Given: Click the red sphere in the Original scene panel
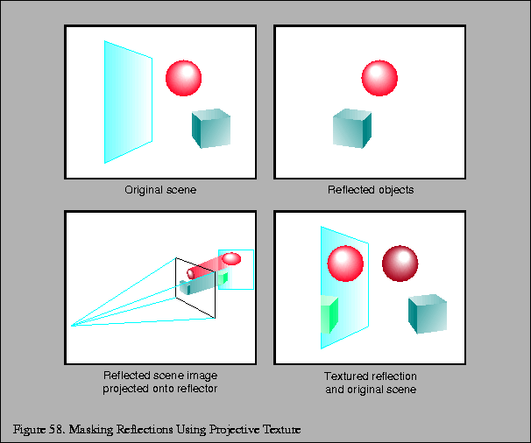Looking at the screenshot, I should (x=184, y=78).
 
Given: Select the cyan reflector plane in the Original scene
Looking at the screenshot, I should (x=127, y=102).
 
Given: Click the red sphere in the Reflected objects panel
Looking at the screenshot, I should (x=379, y=78).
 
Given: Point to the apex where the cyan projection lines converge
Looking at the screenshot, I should (x=73, y=326).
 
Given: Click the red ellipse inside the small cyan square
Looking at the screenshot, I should (x=231, y=258).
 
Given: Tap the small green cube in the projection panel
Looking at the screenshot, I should (x=223, y=278).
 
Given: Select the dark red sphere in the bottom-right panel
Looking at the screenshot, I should (x=400, y=263).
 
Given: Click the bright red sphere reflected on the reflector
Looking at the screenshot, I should (x=344, y=263).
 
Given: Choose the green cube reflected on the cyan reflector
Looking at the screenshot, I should (x=329, y=313).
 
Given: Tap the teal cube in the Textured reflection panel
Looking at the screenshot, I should (x=427, y=313).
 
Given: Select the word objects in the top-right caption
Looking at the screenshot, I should (x=396, y=189).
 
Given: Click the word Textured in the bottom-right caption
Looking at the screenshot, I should (x=345, y=376).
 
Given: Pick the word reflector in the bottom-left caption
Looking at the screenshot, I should (x=196, y=388).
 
